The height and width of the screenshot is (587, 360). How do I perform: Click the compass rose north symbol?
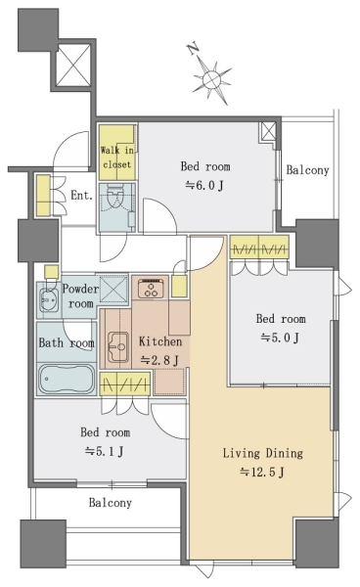(x=212, y=79)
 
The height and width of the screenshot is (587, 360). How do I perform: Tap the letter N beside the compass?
(x=194, y=50)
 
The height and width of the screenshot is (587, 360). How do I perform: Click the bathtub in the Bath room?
(x=67, y=379)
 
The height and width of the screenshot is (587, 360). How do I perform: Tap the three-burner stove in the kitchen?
(x=152, y=288)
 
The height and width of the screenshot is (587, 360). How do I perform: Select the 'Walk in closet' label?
(x=116, y=158)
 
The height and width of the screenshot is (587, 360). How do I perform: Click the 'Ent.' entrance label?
(x=81, y=195)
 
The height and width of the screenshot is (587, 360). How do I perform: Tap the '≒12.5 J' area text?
(x=262, y=473)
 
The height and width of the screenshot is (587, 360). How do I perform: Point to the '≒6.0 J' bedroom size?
(x=204, y=185)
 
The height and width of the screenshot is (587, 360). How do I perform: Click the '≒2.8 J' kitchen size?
(x=159, y=360)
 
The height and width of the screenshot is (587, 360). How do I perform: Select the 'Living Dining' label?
(x=263, y=453)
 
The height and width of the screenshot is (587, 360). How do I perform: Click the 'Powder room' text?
(x=80, y=295)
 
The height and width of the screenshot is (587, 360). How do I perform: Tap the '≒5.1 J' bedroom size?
(x=105, y=451)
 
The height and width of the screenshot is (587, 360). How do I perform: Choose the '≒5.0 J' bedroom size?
(x=280, y=338)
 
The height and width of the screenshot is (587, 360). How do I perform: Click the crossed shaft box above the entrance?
(x=73, y=66)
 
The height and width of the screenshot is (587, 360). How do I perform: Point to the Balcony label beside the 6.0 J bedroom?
(x=307, y=170)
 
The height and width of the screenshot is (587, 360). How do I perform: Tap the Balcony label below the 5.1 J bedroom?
(x=110, y=503)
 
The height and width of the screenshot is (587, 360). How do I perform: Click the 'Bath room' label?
(x=67, y=343)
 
